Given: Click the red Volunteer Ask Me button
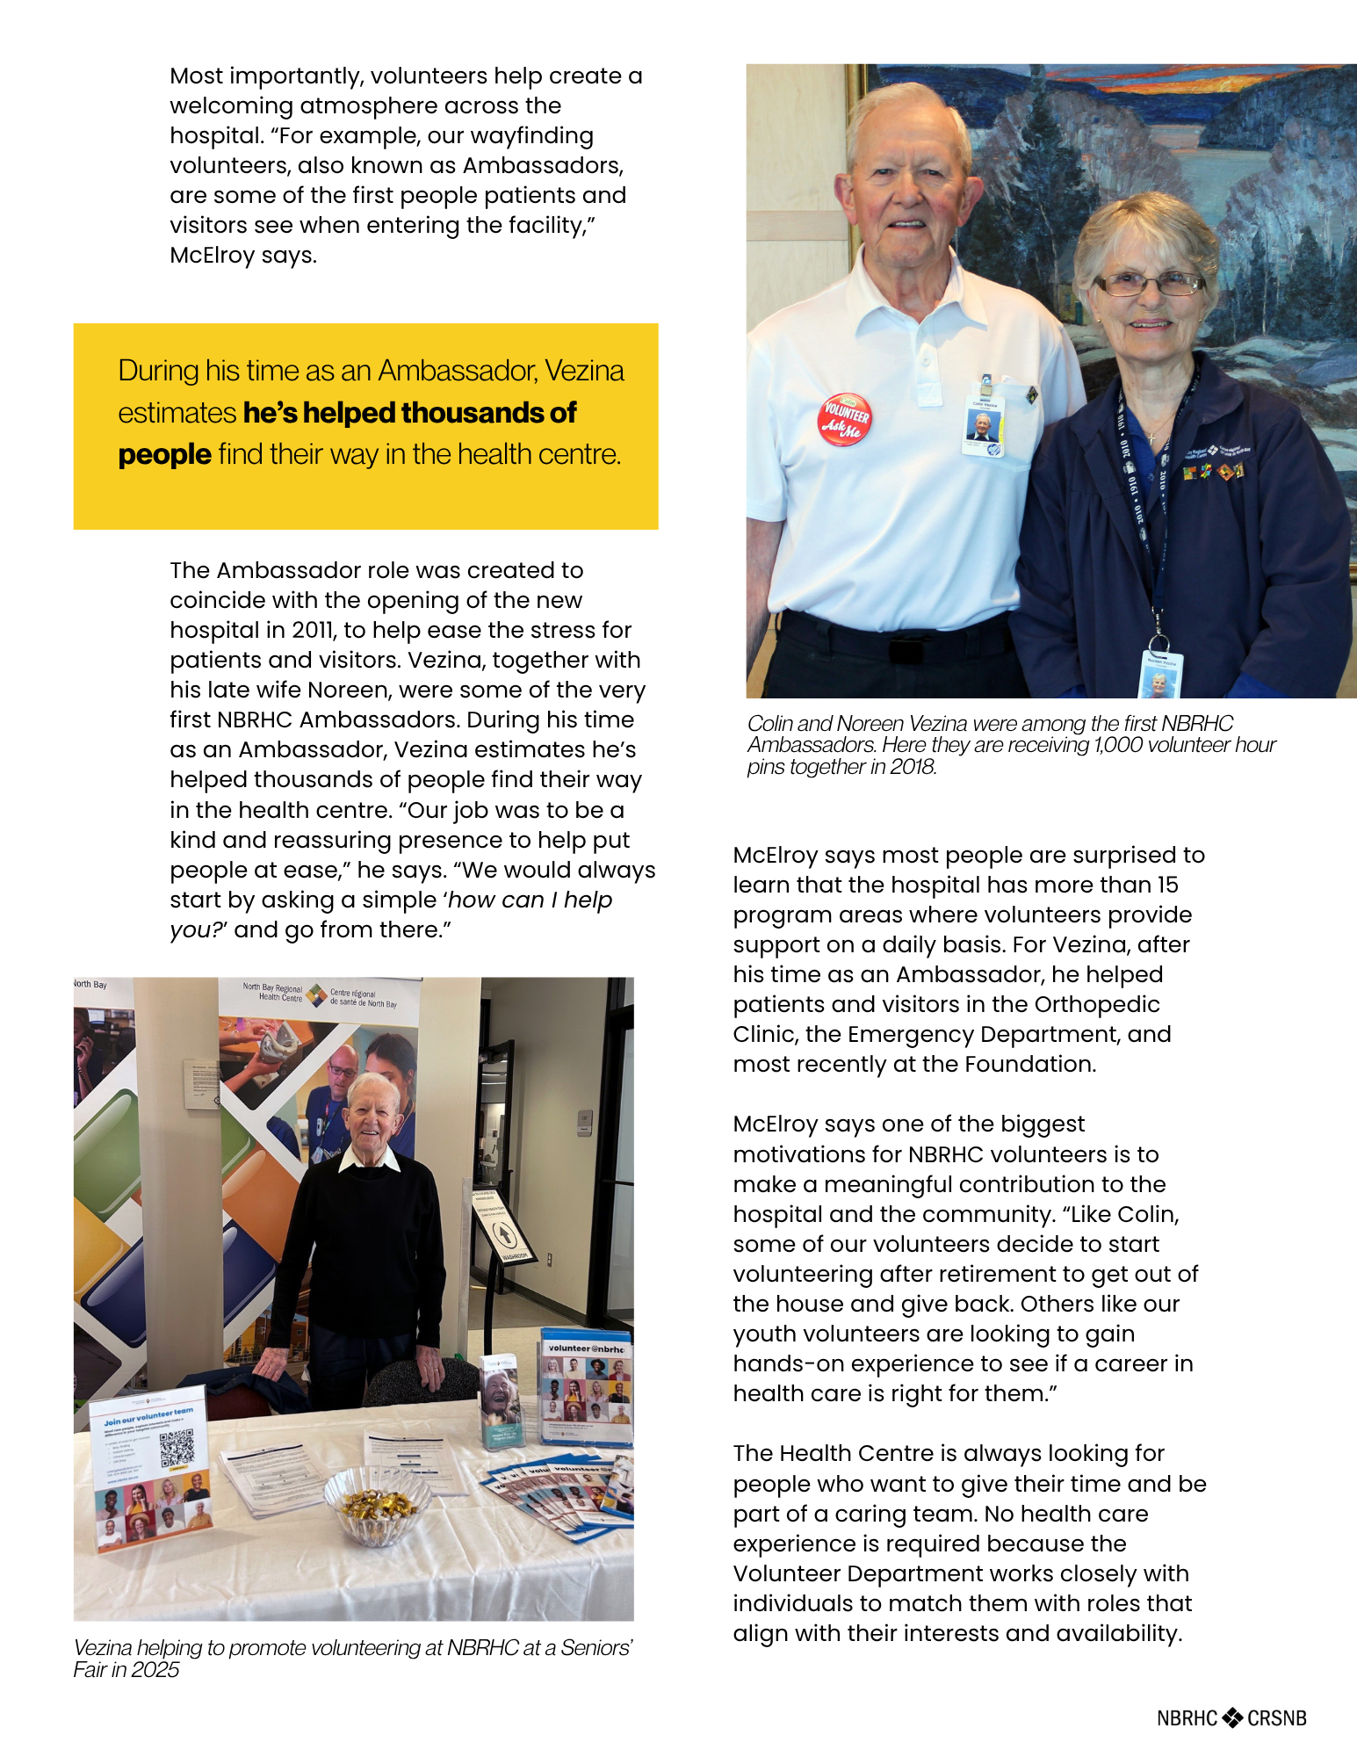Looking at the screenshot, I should point(844,418).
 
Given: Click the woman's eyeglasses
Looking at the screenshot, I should point(1148,284).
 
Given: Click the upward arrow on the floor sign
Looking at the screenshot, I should point(506,1233).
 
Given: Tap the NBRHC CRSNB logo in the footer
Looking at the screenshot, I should point(1231,1717).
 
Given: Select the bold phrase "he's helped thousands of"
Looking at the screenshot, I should point(409,413).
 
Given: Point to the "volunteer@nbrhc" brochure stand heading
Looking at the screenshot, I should point(586,1348).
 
